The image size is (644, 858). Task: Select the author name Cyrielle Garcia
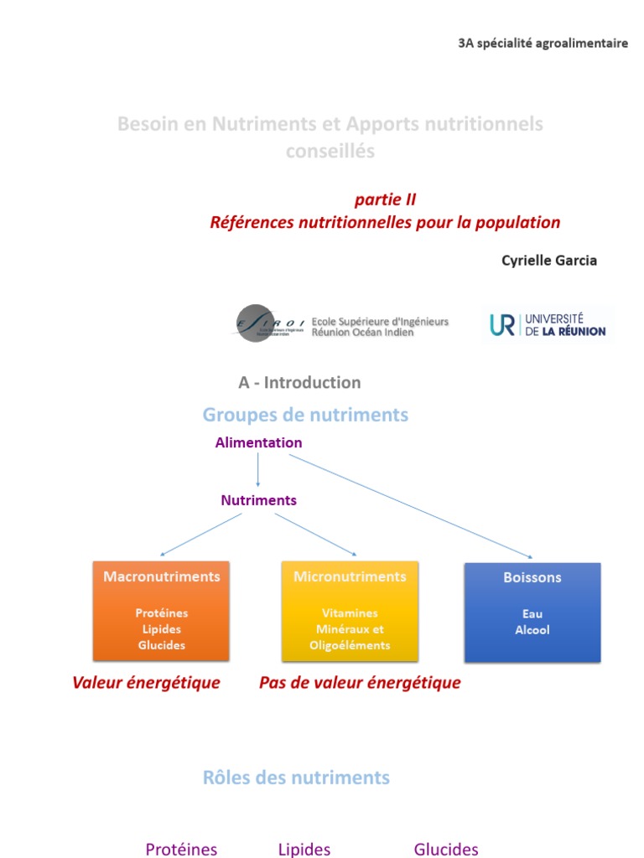549,260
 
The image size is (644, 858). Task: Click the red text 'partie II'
385,199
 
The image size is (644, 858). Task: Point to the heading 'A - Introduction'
299,382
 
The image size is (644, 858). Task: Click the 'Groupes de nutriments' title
305,415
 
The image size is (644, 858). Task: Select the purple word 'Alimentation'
258,442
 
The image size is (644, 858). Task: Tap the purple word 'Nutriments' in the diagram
258,500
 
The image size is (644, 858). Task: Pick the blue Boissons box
532,612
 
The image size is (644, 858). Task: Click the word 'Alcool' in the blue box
532,629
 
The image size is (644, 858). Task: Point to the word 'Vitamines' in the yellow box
350,613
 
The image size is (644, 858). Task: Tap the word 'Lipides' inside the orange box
161,629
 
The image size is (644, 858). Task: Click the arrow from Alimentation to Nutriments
258,471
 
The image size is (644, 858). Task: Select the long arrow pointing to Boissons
411,506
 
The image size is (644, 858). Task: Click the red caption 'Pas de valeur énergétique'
360,683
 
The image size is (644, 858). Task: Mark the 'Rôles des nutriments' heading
296,778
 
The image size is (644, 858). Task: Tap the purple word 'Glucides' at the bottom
446,849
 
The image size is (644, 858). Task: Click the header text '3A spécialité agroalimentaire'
543,44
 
